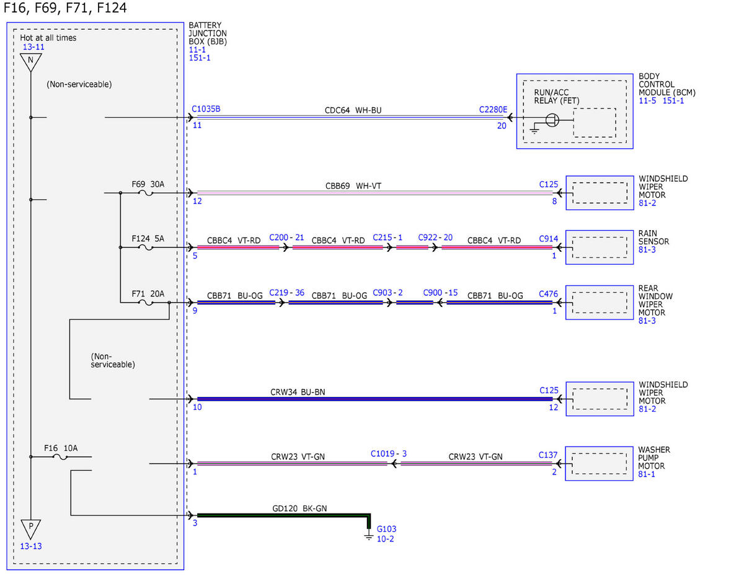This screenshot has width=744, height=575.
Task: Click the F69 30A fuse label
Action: tap(148, 184)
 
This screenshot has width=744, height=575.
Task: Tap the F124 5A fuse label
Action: tap(148, 238)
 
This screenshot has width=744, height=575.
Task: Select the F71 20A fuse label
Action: tap(148, 293)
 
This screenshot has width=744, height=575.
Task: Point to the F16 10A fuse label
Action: tap(61, 448)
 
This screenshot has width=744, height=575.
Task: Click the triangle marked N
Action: tap(31, 62)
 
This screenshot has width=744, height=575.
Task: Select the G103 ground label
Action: tap(386, 528)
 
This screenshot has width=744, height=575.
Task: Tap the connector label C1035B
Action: tap(206, 109)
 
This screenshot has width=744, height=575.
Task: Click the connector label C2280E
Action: tap(493, 109)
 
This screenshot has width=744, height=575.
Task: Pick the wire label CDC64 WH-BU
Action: tap(353, 110)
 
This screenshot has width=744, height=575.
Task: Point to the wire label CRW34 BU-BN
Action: tap(298, 392)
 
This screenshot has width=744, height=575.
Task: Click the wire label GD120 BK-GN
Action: tap(299, 508)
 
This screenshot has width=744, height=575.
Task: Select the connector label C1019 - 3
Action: tap(388, 453)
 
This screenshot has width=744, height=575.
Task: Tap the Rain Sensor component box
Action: tap(599, 247)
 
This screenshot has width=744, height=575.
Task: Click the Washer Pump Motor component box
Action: tap(599, 463)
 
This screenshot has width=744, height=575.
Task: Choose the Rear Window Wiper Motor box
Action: tap(599, 303)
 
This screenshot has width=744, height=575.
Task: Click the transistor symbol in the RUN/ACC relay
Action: tap(552, 120)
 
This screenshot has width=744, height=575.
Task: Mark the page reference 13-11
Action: tap(33, 47)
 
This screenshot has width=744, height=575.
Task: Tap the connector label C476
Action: tap(548, 294)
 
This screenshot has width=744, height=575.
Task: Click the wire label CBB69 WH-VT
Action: tap(353, 185)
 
